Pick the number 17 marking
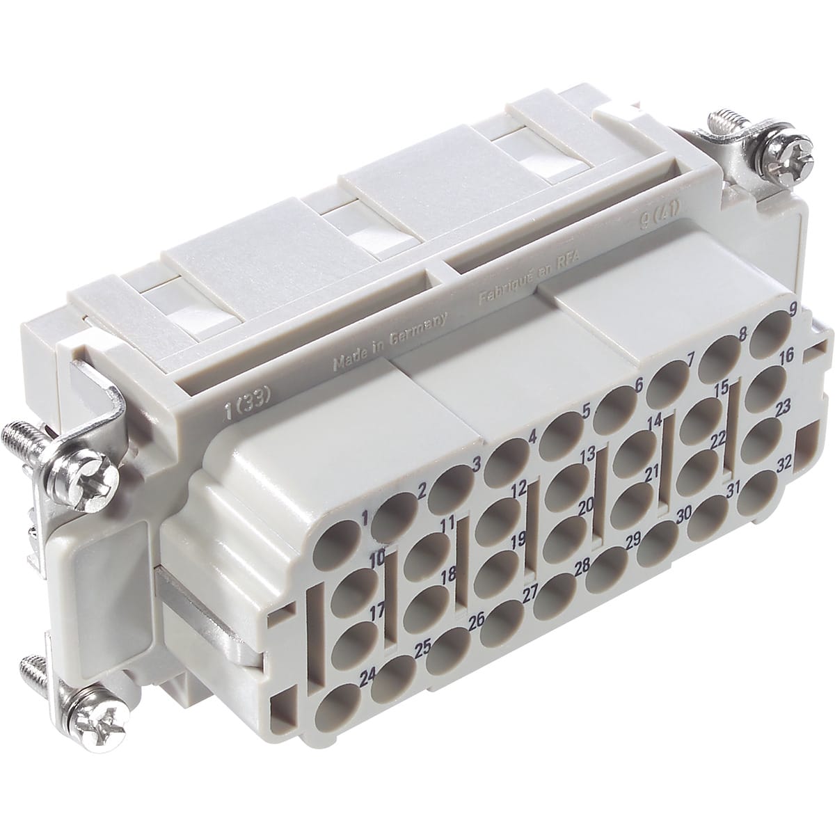point(378,613)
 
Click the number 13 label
point(587,454)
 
